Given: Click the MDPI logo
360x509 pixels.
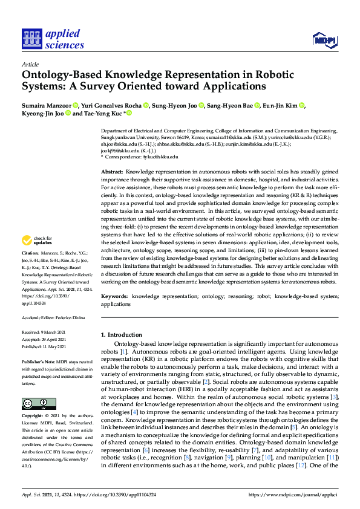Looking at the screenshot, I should click(x=325, y=40).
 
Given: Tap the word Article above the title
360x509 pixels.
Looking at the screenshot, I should click(x=30, y=64).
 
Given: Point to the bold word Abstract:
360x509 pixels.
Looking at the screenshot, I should click(x=112, y=172).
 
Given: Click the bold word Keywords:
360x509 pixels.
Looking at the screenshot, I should click(x=114, y=297).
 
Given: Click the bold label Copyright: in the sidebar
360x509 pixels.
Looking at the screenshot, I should click(x=33, y=417).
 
